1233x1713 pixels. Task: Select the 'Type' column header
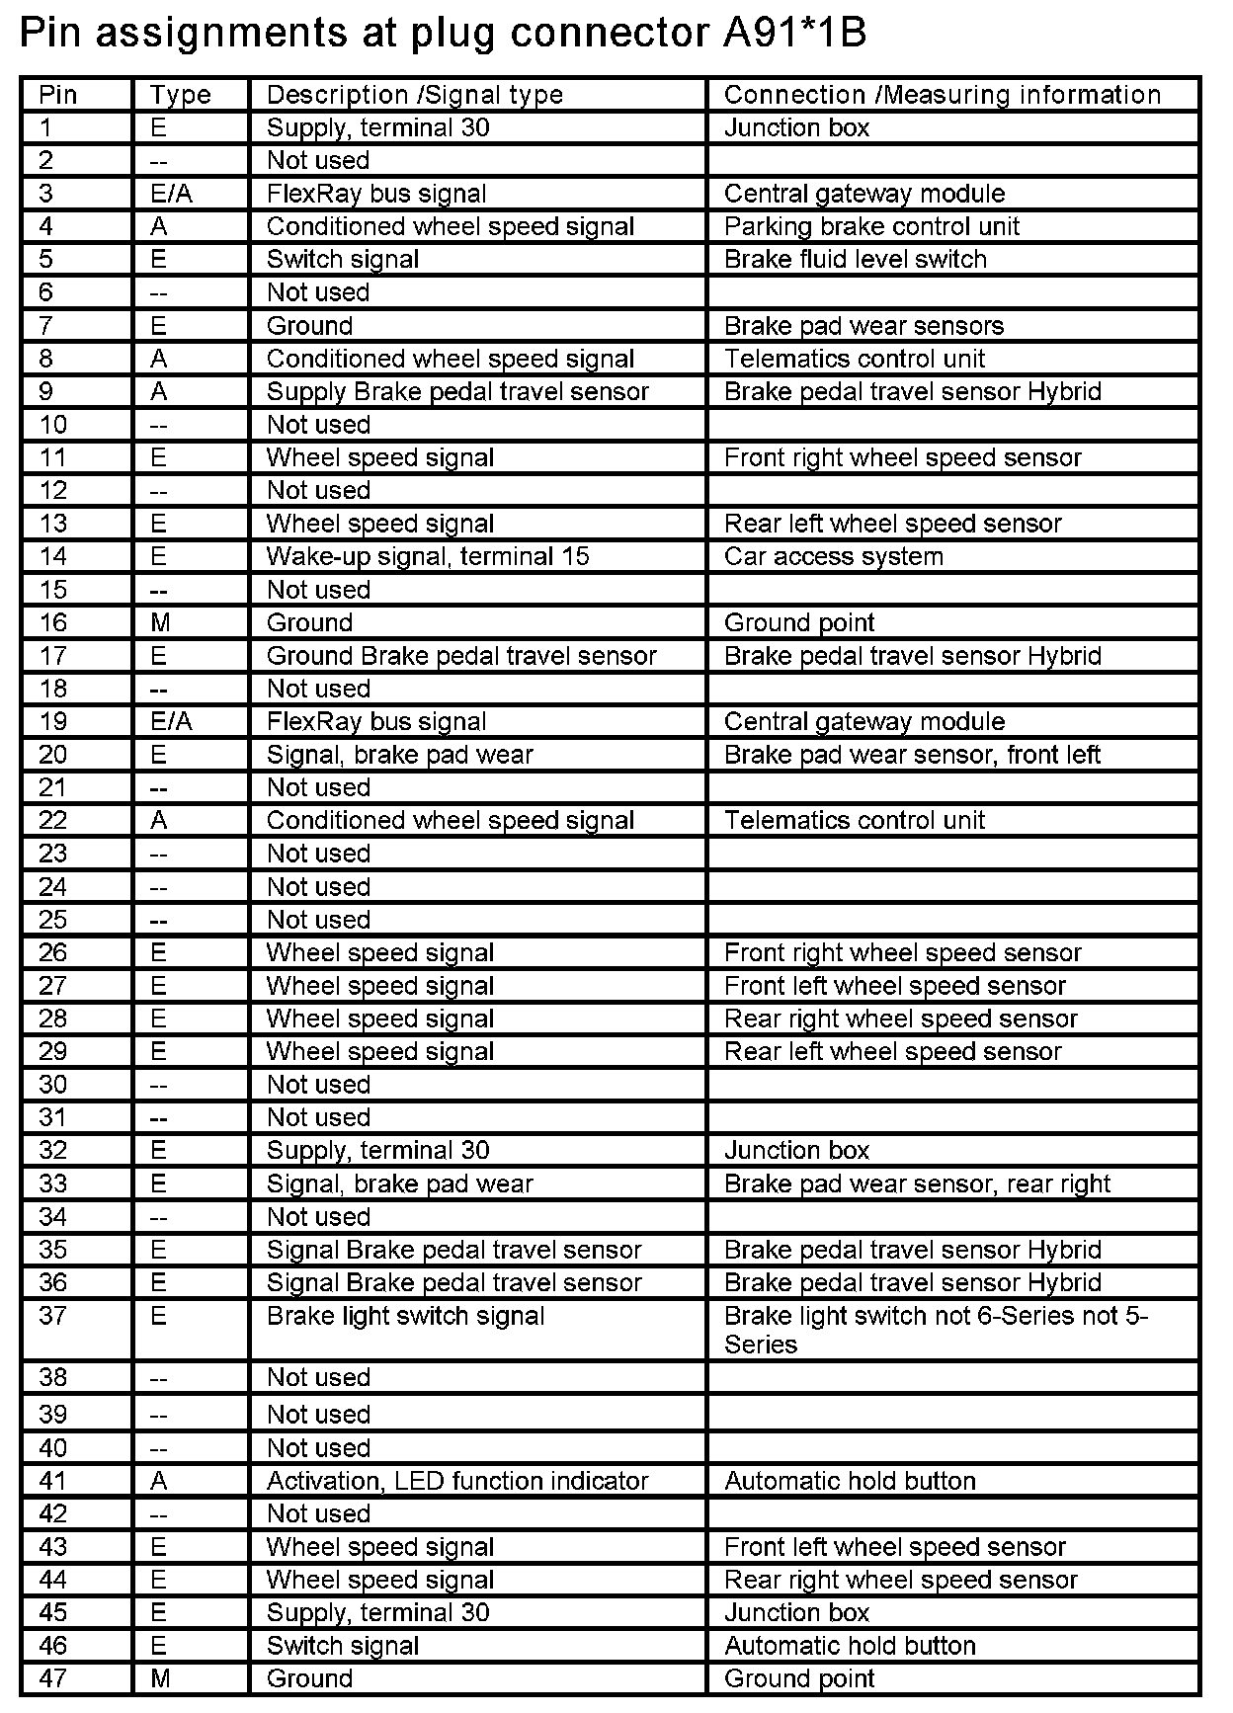pos(180,95)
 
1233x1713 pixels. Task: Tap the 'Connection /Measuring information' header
pos(942,95)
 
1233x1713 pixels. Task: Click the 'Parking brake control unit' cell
pos(871,226)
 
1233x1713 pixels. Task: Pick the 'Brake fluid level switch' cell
pos(855,260)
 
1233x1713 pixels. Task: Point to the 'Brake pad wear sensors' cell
pos(863,326)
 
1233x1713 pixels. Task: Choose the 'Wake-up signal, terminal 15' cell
pos(428,557)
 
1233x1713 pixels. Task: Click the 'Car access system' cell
pos(833,557)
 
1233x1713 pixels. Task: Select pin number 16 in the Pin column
pos(53,623)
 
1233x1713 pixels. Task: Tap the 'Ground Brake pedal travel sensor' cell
pos(461,656)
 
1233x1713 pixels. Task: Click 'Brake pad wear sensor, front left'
pos(912,755)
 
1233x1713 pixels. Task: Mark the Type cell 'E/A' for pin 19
pos(171,722)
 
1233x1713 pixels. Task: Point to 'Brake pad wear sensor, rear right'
pos(917,1183)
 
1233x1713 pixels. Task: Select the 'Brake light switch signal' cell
pos(405,1316)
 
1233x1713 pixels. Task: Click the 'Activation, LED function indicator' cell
pos(457,1481)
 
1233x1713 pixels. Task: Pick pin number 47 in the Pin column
pos(53,1678)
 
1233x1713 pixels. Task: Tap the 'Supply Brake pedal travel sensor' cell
pos(457,392)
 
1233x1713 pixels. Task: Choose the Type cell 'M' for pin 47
pos(159,1678)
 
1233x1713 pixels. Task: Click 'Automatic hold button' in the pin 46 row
pos(850,1646)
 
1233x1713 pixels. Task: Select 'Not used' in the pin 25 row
pos(318,920)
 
